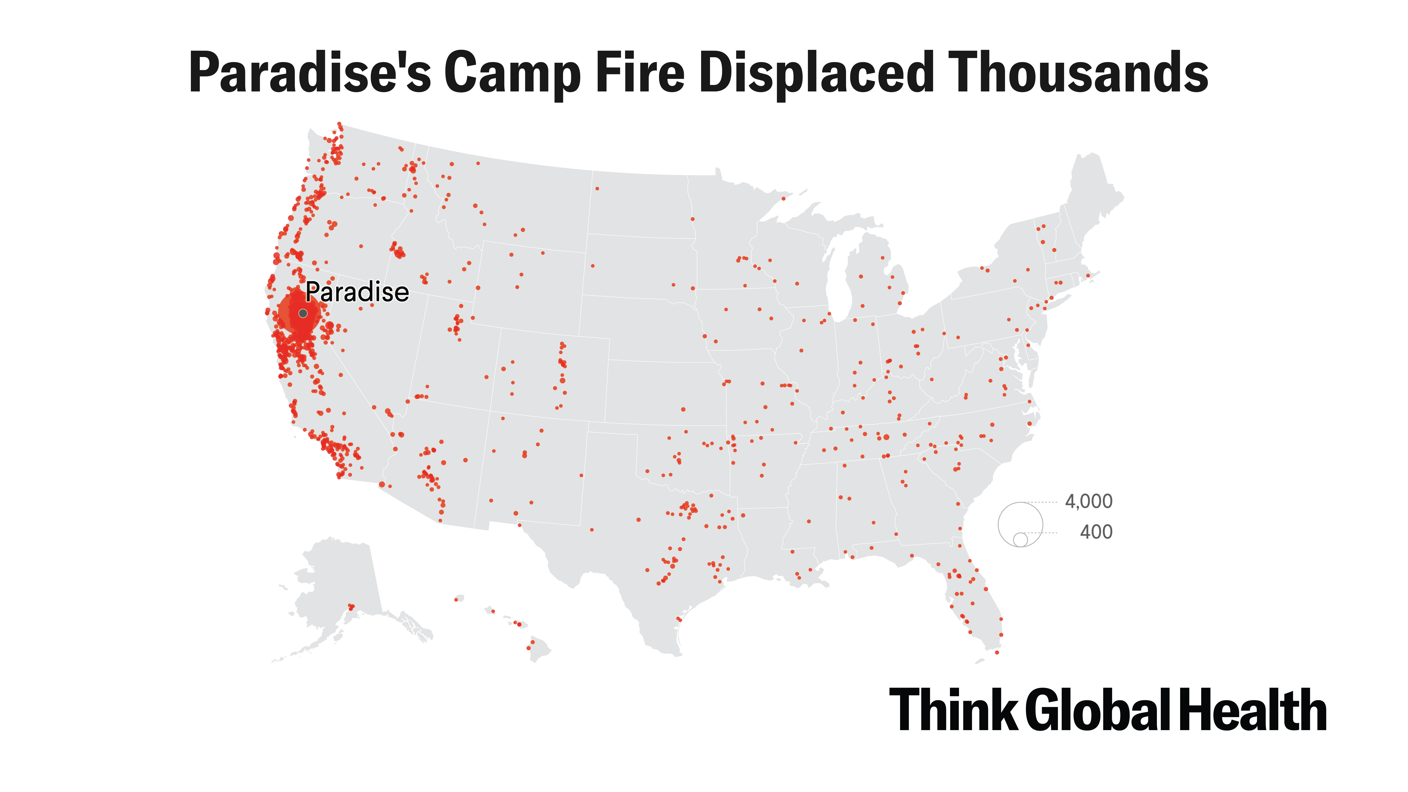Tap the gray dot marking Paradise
point(303,313)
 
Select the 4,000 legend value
point(1088,501)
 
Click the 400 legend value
point(1096,532)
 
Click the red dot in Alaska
point(351,607)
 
